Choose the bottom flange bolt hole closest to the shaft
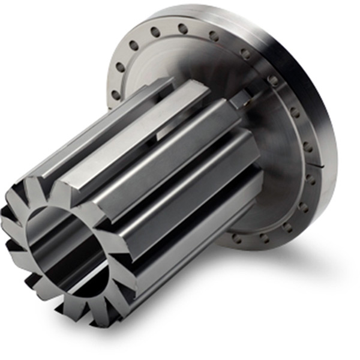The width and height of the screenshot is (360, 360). click(x=236, y=239)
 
